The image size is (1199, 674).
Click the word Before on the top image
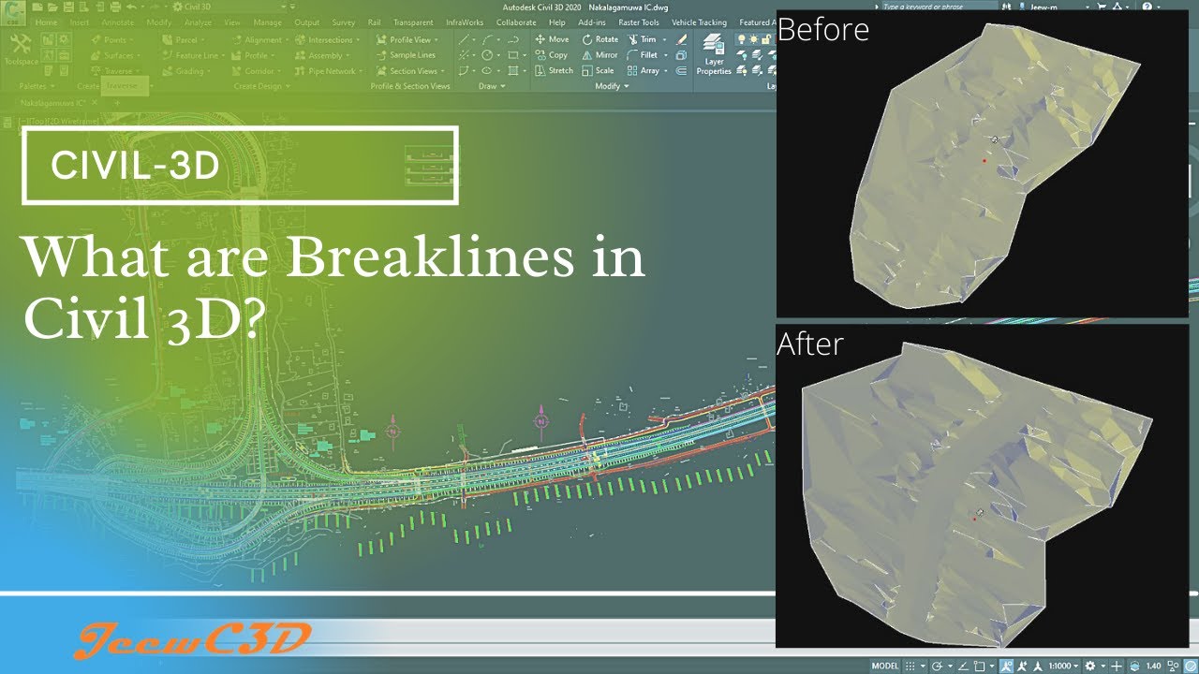[822, 30]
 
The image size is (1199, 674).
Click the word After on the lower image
[809, 344]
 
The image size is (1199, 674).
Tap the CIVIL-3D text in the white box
[135, 166]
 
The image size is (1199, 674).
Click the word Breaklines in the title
[426, 257]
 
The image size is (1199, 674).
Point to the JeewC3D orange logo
[192, 640]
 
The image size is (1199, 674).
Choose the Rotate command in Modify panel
[600, 39]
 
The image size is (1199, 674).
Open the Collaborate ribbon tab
[516, 22]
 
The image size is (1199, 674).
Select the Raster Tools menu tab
[639, 22]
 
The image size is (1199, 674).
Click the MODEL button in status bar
[884, 666]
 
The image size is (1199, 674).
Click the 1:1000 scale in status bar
[1060, 666]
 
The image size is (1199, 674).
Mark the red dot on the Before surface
[984, 161]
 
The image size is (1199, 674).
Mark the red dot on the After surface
[974, 519]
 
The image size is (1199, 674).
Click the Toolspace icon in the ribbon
[20, 49]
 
